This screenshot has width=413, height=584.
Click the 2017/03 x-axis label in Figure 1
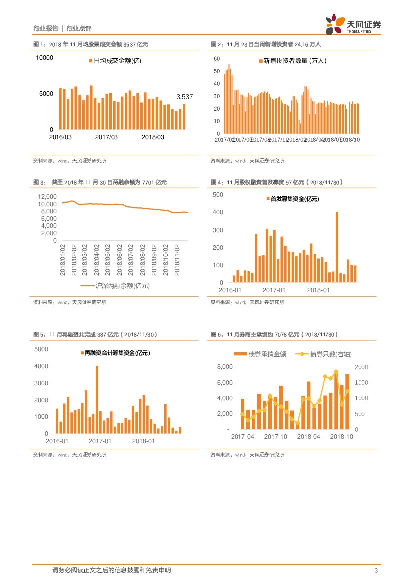click(106, 137)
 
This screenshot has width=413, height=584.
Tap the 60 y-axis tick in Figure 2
click(216, 59)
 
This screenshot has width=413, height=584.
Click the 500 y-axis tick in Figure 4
click(218, 194)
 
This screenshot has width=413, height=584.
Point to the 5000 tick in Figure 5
click(41, 349)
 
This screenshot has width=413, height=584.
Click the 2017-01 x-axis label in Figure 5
click(100, 442)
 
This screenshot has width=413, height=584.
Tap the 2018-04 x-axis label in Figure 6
click(308, 437)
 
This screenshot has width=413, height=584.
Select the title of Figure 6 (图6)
click(275, 334)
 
